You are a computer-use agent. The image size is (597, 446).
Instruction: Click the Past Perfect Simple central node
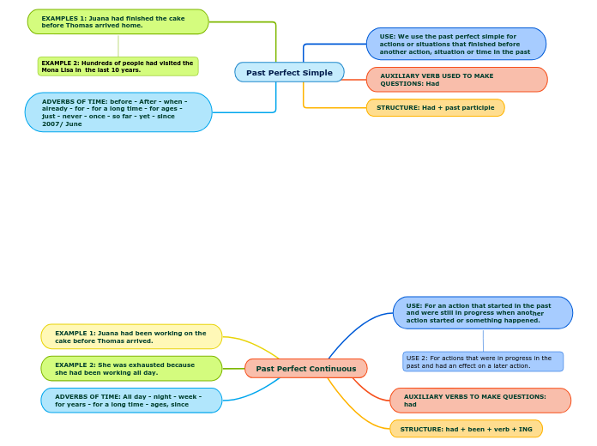pos(289,72)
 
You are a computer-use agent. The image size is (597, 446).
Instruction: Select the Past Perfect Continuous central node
pos(305,369)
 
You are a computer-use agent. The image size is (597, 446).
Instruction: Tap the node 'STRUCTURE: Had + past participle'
pos(435,108)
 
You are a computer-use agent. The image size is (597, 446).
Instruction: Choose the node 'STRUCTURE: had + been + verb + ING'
pos(466,429)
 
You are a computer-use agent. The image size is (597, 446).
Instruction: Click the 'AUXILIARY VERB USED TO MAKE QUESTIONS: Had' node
pos(456,80)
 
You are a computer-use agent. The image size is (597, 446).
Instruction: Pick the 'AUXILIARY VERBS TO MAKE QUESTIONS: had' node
pos(479,401)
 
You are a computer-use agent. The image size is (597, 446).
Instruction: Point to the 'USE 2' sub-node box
pos(483,362)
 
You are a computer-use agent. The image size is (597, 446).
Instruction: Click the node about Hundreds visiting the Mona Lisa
pos(118,67)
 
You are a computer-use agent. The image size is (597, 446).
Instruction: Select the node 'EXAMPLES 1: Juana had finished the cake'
pos(118,21)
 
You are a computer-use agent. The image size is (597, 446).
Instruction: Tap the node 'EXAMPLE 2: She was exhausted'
pos(131,369)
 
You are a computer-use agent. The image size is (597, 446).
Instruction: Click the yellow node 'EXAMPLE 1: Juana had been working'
pos(131,337)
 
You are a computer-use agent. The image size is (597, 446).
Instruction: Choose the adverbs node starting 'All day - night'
pos(131,401)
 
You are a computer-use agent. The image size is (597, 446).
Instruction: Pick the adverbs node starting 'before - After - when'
pos(118,112)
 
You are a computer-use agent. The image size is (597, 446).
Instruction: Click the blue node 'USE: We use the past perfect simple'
pos(455,44)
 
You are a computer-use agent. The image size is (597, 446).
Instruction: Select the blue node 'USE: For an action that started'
pos(482,313)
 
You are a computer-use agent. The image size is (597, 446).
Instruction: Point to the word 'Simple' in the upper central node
pos(316,73)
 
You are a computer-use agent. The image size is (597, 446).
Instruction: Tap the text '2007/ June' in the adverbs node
pos(62,124)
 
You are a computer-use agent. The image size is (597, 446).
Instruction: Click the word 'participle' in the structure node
pos(477,108)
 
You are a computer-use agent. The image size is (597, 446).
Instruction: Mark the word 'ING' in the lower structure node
pos(525,429)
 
